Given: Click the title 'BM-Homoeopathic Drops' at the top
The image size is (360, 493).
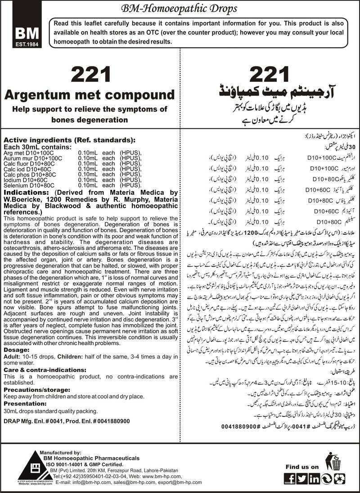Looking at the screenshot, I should point(180,8).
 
